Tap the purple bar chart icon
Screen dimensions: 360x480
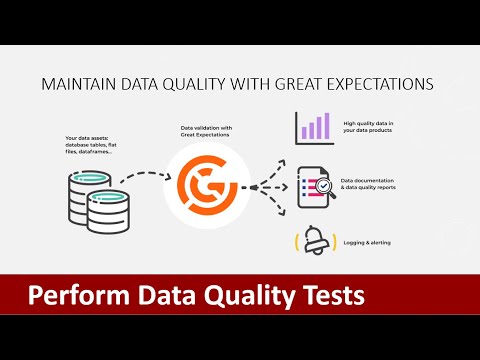[x=314, y=128]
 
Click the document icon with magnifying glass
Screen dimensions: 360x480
[x=314, y=184]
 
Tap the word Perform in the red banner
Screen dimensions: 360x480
[x=73, y=297]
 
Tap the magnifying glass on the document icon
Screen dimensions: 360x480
[x=324, y=185]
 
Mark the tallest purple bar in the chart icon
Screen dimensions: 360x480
[x=326, y=125]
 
